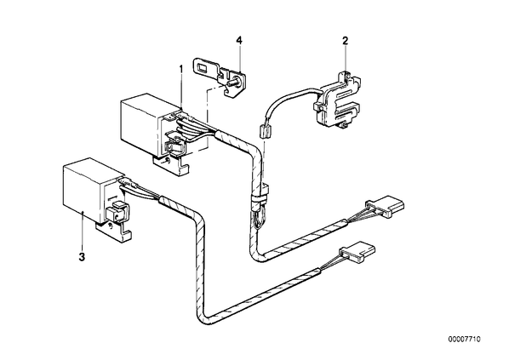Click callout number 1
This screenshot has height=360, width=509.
tap(181, 69)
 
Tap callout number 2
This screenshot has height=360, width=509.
tap(345, 41)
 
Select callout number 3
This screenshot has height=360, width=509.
tap(82, 257)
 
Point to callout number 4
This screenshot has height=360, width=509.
tap(239, 41)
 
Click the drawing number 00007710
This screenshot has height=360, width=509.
tap(465, 340)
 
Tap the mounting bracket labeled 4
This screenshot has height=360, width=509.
tap(220, 76)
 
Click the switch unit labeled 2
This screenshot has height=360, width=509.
tap(338, 101)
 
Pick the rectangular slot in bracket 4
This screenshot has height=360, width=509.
tap(204, 68)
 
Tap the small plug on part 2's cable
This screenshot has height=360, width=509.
tap(265, 133)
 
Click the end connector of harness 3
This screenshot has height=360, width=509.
tap(357, 253)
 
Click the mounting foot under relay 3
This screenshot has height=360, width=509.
tap(114, 231)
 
